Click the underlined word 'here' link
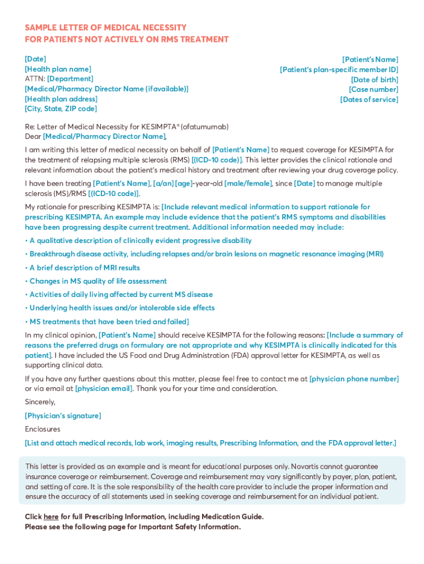[51, 517]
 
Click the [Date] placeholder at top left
[35, 59]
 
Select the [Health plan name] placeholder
[58, 69]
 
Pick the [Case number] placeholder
[373, 89]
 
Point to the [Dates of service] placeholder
[369, 99]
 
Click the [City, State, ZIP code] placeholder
[61, 109]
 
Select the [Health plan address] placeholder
[61, 99]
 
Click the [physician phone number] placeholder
[354, 379]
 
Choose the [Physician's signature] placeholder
[63, 416]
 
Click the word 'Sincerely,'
[40, 402]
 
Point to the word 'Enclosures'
[42, 429]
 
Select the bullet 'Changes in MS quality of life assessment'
[96, 281]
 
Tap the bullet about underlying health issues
[120, 308]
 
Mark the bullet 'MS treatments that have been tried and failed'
[107, 321]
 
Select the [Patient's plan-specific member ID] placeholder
[339, 69]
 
